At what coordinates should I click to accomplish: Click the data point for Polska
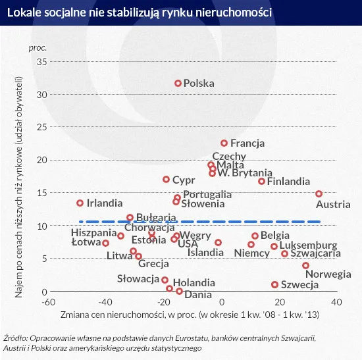pos(178,84)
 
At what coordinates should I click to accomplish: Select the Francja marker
pos(224,143)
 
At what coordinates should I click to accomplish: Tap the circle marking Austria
pos(319,193)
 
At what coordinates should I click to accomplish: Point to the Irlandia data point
pos(80,203)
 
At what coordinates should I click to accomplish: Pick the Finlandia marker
pos(261,181)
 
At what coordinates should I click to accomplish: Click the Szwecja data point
pos(274,285)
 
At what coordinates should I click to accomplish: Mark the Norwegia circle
pos(305,265)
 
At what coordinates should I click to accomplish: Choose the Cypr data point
pos(166,179)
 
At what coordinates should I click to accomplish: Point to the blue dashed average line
pos(197,222)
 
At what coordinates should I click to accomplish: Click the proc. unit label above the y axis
pos(38,48)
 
